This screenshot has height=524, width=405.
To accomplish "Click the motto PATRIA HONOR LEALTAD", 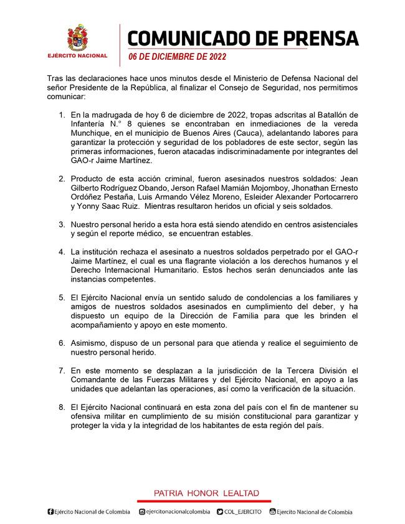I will [x=206, y=493].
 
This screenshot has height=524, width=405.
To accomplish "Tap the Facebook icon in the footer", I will [x=50, y=512].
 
